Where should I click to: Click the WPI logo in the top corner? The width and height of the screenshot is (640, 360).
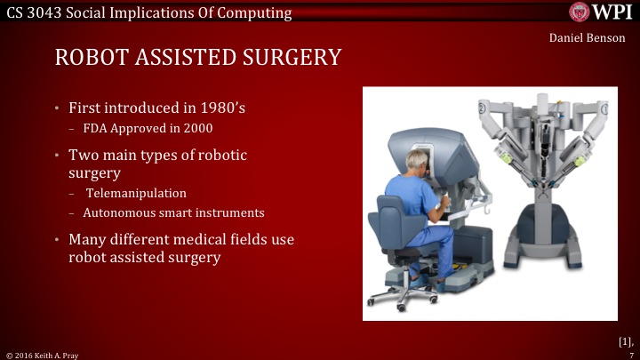coord(603,12)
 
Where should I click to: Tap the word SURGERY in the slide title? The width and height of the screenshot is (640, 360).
coord(287,58)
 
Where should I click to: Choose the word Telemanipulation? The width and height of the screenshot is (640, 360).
coord(137,193)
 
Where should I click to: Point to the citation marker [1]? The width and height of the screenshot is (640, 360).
coord(624,340)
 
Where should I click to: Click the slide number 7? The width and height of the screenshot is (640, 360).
coord(630,353)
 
